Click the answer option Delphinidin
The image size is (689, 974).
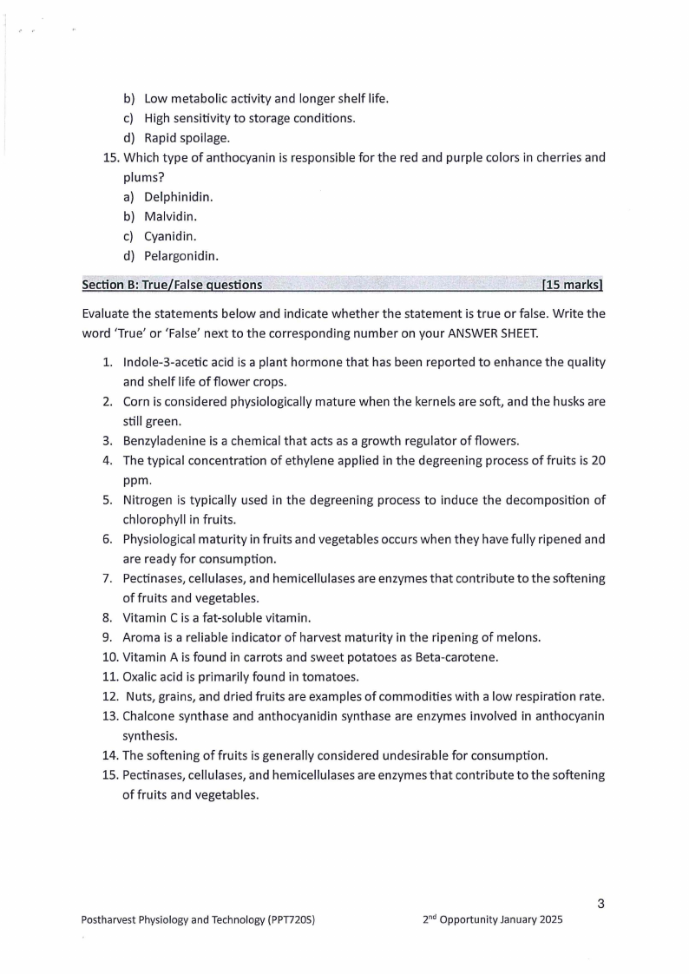pyautogui.click(x=178, y=197)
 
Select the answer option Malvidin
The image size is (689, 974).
pyautogui.click(x=170, y=216)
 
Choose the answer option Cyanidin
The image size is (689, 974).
pyautogui.click(x=170, y=236)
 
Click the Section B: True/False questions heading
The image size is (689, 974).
pyautogui.click(x=172, y=285)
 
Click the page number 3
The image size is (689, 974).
pyautogui.click(x=600, y=905)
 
